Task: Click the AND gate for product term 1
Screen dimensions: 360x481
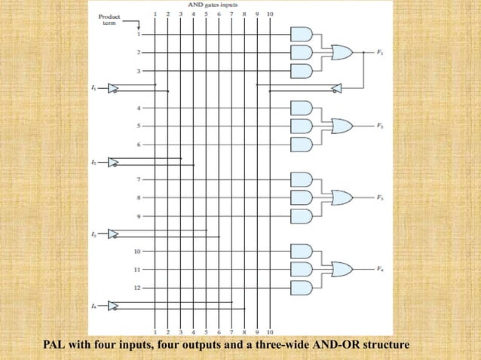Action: pos(301,35)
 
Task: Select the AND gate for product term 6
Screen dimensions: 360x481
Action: pos(301,143)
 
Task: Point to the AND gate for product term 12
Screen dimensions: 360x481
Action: pos(301,287)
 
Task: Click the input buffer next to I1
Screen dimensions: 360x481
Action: pos(113,89)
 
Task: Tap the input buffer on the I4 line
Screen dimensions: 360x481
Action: pos(113,306)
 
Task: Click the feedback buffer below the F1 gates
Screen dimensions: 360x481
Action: pos(337,89)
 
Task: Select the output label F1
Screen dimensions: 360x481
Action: pos(379,53)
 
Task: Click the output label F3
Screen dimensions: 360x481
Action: pos(379,197)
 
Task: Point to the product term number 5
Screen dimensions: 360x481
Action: pos(138,125)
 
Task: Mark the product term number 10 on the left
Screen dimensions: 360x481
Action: pos(137,251)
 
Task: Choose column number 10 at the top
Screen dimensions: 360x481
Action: pos(270,14)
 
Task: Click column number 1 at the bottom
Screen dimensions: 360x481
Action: pos(155,331)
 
